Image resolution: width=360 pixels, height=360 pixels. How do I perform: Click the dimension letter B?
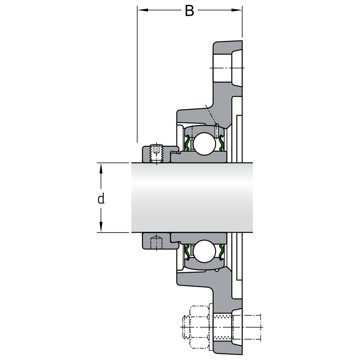click(189, 11)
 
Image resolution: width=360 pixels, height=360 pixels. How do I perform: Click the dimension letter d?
click(101, 198)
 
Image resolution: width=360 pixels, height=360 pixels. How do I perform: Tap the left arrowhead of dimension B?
click(143, 10)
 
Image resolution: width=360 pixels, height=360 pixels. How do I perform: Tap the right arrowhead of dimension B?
click(237, 10)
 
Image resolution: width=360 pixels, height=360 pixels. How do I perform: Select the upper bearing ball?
click(204, 144)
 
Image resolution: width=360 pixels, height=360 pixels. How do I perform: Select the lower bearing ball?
click(204, 251)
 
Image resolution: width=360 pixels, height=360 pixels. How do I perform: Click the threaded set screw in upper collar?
click(156, 153)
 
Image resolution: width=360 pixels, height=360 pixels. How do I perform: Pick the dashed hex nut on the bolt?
click(199, 327)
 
